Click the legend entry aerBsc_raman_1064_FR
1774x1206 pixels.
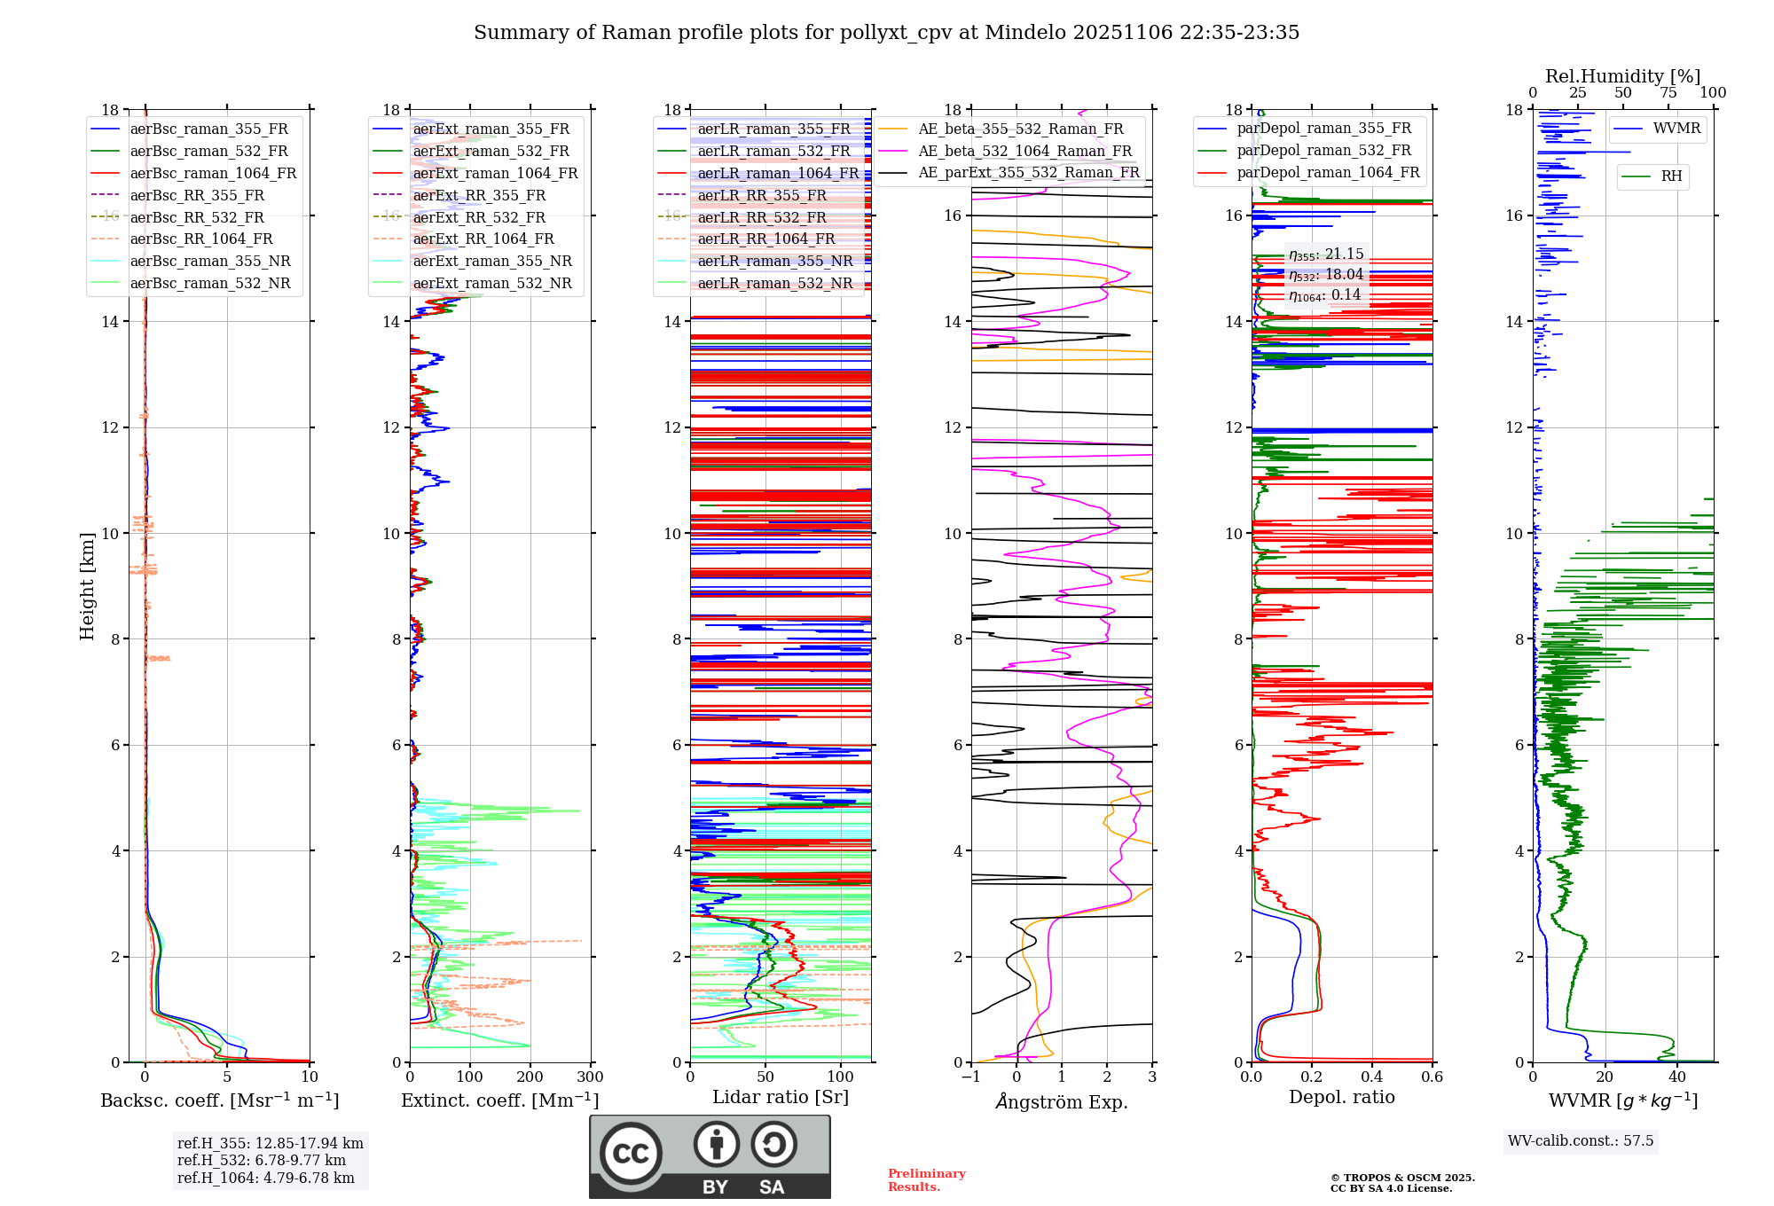pos(213,174)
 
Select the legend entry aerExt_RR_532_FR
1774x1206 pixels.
pos(479,217)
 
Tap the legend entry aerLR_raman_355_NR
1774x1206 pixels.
pos(774,262)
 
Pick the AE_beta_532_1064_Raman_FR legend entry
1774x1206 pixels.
pos(1024,152)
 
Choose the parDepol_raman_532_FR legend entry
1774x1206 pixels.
pos(1323,151)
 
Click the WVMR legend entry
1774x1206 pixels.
pos(1676,129)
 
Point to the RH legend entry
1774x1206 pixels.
pos(1671,176)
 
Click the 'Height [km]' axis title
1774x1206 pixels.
pos(87,585)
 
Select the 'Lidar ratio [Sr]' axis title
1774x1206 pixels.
pos(781,1098)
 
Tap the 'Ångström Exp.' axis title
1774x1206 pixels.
pos(1062,1102)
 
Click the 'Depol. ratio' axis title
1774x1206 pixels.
pos(1342,1098)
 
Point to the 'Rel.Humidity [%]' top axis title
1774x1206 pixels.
pos(1622,76)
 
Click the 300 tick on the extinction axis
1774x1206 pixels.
pos(590,1077)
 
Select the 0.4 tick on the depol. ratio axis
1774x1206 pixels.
pos(1372,1077)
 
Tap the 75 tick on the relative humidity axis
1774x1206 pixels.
pos(1668,93)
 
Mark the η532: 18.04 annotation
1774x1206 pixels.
pos(1326,275)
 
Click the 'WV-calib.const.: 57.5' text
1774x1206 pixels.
pos(1581,1141)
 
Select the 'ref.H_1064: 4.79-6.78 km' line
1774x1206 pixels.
pos(266,1179)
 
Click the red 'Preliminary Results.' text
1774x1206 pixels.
pos(926,1180)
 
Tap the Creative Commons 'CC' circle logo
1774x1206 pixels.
pos(631,1154)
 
